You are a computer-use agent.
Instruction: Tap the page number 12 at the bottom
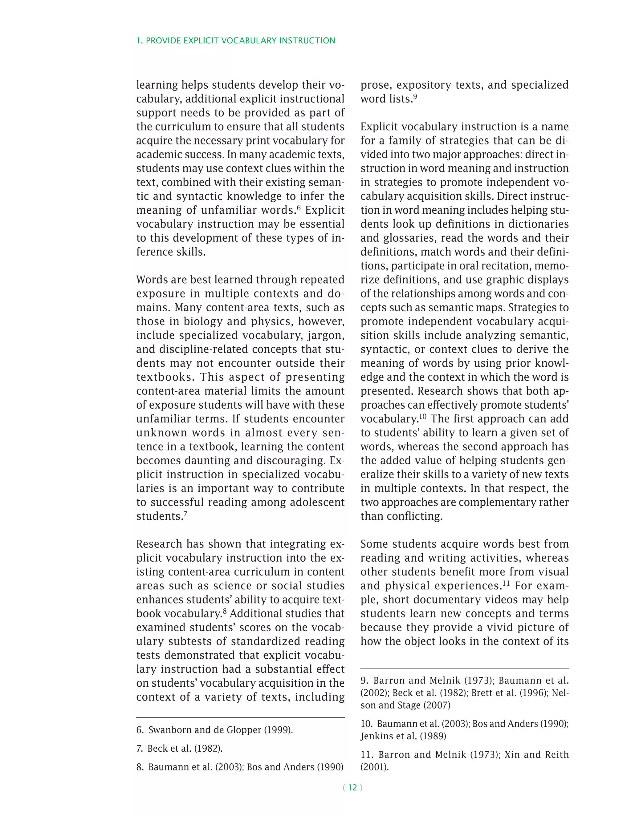[352, 787]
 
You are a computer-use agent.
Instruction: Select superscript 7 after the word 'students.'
[185, 513]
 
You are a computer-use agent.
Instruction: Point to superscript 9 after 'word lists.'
[415, 96]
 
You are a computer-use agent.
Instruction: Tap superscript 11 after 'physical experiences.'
[506, 583]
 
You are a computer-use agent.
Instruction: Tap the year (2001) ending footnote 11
[375, 767]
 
